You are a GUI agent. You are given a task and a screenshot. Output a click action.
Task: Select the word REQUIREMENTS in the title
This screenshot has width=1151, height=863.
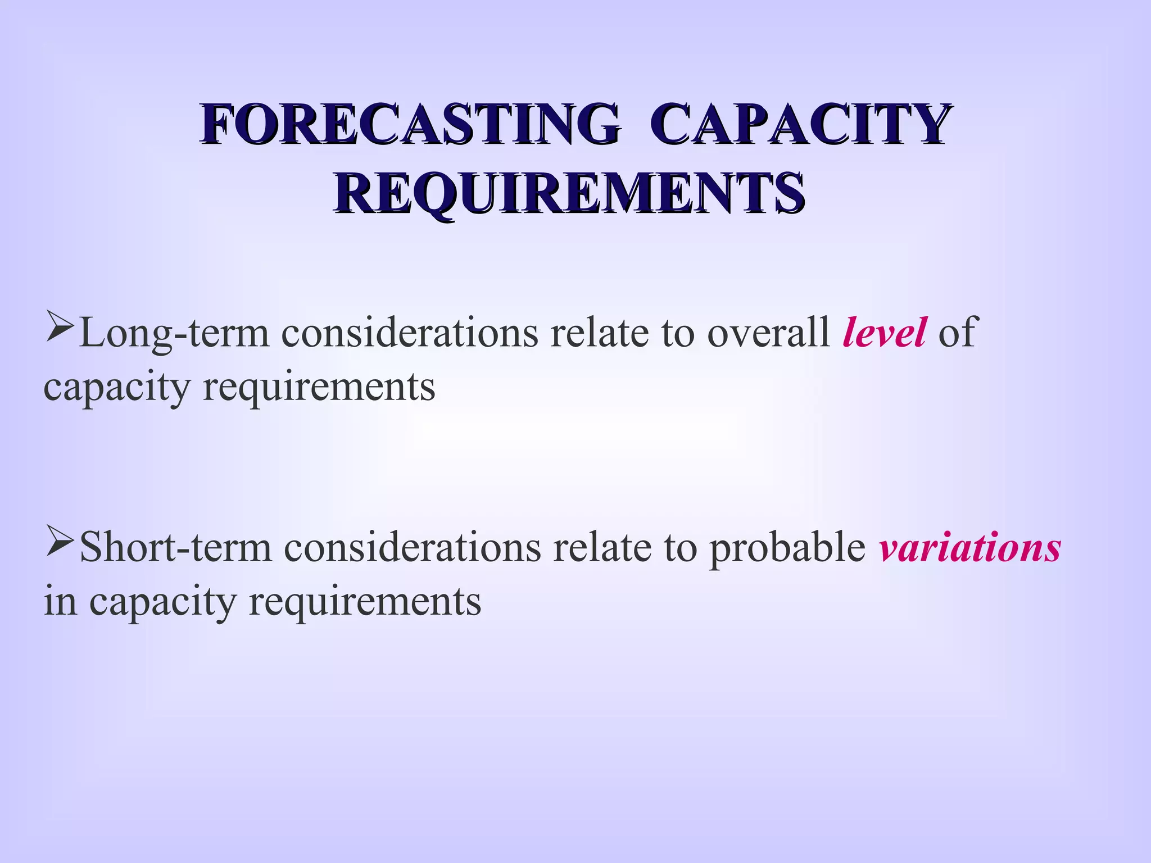tap(569, 193)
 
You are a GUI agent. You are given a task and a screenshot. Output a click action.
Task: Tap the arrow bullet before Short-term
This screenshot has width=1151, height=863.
tap(60, 542)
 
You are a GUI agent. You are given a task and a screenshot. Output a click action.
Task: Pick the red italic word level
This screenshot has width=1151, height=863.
tap(884, 333)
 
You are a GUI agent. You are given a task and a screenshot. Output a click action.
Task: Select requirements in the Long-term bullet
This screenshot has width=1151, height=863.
tap(319, 388)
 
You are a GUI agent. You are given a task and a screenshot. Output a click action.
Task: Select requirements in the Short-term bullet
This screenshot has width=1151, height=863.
tap(365, 602)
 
